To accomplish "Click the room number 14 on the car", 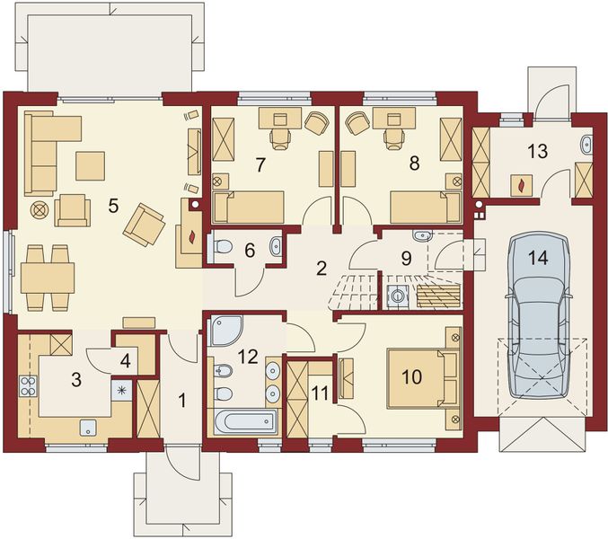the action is pyautogui.click(x=540, y=258).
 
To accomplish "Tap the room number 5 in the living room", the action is pyautogui.click(x=113, y=206).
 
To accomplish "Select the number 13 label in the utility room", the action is pyautogui.click(x=538, y=151).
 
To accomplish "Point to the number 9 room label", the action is pyautogui.click(x=406, y=259).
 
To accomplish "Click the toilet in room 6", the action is pyautogui.click(x=221, y=246).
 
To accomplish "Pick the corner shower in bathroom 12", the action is pyautogui.click(x=226, y=331).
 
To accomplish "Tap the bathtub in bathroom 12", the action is pyautogui.click(x=245, y=423).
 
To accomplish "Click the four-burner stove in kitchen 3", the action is pyautogui.click(x=28, y=386).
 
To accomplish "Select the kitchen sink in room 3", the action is pyautogui.click(x=89, y=428).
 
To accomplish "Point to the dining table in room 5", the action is pyautogui.click(x=48, y=278).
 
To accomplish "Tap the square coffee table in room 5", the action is pyautogui.click(x=91, y=166).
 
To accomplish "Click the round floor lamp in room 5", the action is pyautogui.click(x=39, y=210).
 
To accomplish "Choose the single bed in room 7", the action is pyautogui.click(x=249, y=208).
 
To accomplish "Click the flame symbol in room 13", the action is pyautogui.click(x=521, y=186).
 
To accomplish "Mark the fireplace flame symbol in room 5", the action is pyautogui.click(x=193, y=237).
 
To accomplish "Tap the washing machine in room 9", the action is pyautogui.click(x=397, y=296).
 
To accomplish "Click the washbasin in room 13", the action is pyautogui.click(x=586, y=145).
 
